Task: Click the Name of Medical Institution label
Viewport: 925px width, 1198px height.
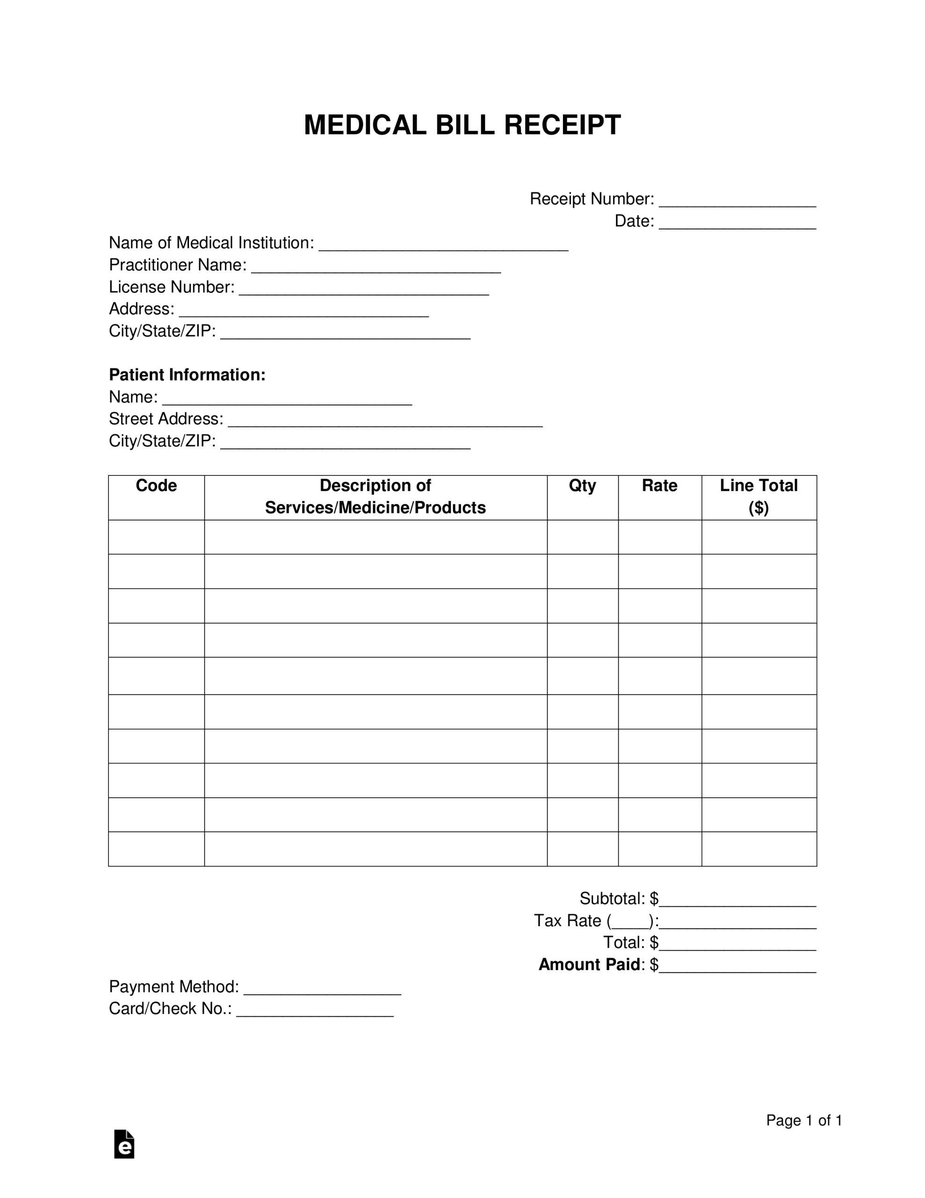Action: click(211, 242)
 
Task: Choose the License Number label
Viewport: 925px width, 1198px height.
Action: click(172, 287)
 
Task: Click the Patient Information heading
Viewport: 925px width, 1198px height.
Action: click(187, 375)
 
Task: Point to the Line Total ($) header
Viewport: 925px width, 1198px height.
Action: click(759, 497)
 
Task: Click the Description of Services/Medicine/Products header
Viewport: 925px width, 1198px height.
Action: click(375, 497)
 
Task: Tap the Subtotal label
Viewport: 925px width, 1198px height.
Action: click(612, 898)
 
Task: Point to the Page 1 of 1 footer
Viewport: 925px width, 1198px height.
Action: click(803, 1120)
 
